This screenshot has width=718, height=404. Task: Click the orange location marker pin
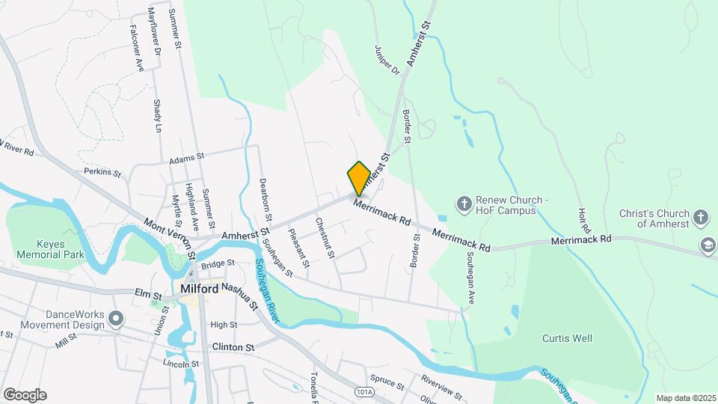tap(359, 178)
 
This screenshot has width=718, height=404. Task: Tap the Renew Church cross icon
tap(464, 203)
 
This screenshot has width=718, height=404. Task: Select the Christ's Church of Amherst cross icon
tap(701, 218)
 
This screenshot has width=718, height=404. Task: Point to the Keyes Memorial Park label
tap(42, 248)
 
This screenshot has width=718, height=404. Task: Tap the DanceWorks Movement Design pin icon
tap(115, 319)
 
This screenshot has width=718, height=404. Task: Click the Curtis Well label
tap(567, 338)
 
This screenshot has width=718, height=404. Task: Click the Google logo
tap(25, 395)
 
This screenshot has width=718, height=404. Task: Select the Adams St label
tap(186, 158)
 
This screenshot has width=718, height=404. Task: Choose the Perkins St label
tap(102, 172)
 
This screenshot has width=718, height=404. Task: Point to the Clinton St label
tap(233, 347)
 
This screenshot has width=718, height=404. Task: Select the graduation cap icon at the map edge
tap(707, 245)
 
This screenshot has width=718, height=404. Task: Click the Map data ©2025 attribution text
tap(685, 398)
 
